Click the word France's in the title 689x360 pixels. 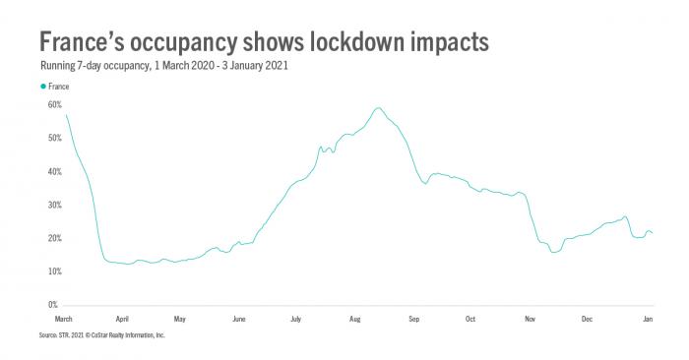[90, 42]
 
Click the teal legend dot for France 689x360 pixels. [42, 87]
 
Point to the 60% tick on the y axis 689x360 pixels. [54, 103]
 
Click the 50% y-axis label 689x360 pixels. [54, 138]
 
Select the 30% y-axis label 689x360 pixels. [54, 205]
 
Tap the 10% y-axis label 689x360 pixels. [54, 271]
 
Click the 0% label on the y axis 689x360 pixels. [56, 305]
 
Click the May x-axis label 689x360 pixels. [179, 320]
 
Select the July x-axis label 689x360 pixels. [295, 320]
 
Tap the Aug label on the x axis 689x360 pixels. [355, 320]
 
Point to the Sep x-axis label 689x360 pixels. [413, 320]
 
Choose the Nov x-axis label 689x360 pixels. [530, 320]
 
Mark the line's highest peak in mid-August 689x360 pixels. [378, 108]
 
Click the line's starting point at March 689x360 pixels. [65, 114]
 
